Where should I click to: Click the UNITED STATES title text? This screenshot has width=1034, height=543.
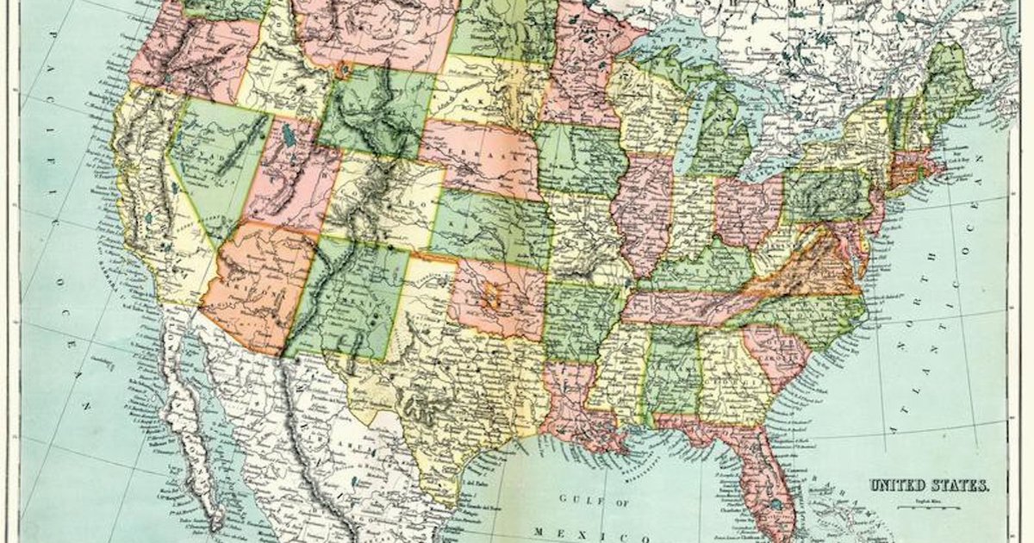point(928,486)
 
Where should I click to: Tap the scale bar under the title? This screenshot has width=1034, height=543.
point(928,507)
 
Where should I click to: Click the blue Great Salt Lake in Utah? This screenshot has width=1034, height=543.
point(285,136)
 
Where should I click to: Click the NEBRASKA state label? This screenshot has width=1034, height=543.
point(478,159)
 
